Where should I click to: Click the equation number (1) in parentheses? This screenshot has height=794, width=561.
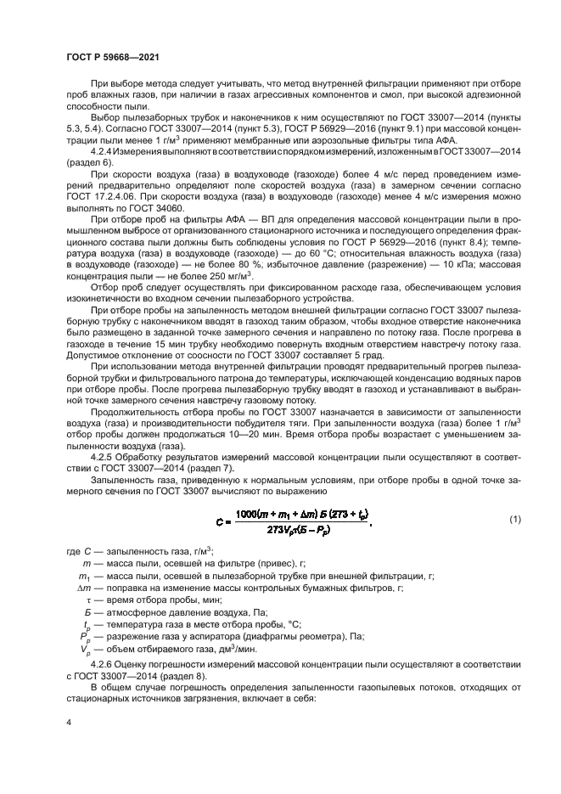[x=513, y=518]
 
